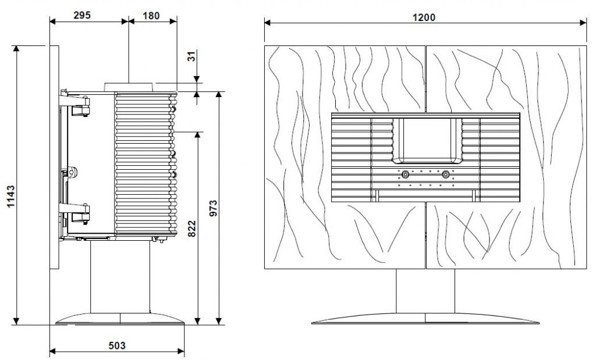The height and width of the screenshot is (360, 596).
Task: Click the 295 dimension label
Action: (x=82, y=15)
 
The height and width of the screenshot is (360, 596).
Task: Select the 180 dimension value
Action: (x=151, y=16)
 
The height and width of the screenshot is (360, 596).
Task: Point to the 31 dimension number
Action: (x=192, y=56)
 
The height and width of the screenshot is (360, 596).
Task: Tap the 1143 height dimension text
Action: (x=10, y=196)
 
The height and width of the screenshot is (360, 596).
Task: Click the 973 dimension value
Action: (x=213, y=208)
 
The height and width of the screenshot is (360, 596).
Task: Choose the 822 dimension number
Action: (x=192, y=229)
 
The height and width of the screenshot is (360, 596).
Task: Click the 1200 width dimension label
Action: (x=424, y=17)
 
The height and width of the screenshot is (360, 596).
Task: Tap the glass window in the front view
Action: (x=427, y=138)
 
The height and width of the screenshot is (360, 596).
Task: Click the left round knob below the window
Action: (x=405, y=174)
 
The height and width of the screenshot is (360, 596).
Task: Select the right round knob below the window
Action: (x=445, y=174)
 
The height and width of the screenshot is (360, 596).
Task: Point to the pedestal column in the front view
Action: (x=425, y=291)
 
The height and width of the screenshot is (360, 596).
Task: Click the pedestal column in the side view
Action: (x=120, y=277)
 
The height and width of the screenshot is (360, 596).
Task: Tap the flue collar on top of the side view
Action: (x=129, y=87)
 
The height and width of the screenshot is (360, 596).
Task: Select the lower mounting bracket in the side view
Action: (x=75, y=212)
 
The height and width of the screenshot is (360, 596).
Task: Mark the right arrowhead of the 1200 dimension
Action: (x=583, y=23)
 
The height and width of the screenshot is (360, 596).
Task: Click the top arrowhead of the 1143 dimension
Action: (x=16, y=49)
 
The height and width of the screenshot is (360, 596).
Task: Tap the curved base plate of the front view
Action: (x=425, y=318)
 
